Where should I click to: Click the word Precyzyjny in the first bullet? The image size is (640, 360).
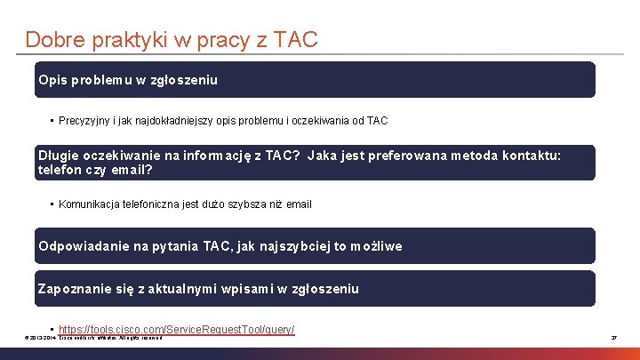pyautogui.click(x=85, y=120)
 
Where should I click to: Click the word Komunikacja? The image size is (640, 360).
pyautogui.click(x=93, y=204)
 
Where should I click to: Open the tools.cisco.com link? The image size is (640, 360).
pyautogui.click(x=176, y=330)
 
